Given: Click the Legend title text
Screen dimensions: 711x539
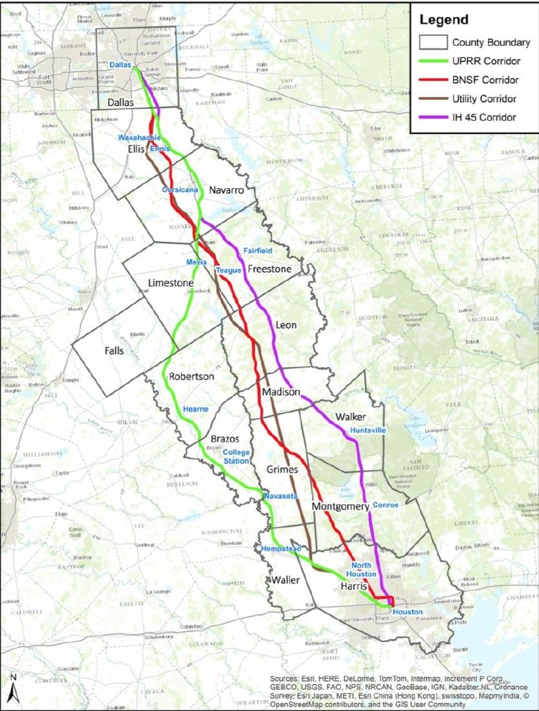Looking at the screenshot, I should point(444,19).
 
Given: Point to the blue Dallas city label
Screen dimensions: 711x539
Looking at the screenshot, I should point(120,65).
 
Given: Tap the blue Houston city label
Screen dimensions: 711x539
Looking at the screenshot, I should point(407,611).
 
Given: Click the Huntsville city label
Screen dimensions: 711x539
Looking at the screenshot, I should point(368,430).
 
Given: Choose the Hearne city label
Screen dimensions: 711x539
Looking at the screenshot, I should point(195,409).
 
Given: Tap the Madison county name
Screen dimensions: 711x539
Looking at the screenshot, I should point(281,392).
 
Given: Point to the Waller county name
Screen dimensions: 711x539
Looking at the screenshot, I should point(285,580).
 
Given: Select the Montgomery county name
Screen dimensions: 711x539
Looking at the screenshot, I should point(340,507).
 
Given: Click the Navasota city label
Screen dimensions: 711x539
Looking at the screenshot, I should point(280,496).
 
